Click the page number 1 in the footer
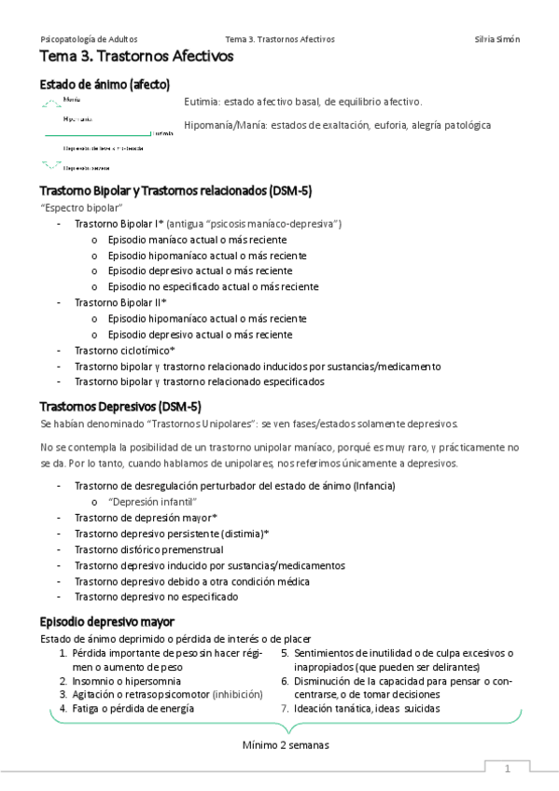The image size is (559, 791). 507,770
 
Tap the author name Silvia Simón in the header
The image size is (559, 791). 497,39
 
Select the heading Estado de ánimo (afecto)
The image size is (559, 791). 105,85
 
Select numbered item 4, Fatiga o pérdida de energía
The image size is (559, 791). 133,708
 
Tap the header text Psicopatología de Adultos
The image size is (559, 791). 90,39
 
